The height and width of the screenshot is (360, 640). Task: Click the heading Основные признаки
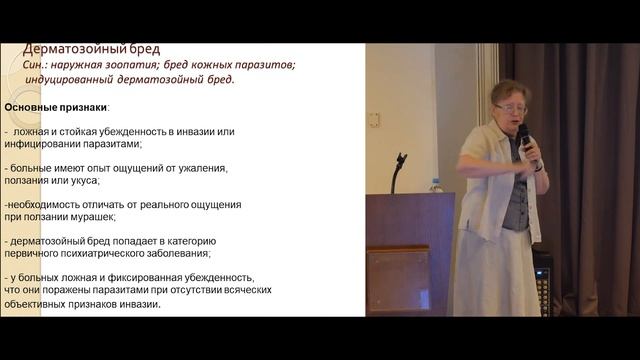pos(56,107)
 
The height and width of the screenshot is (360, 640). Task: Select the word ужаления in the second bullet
pos(204,168)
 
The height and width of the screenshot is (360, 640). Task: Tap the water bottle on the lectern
pos(435,185)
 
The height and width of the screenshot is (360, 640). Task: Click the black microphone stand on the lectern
pos(398,170)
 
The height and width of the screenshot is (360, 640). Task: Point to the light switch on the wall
pos(373,119)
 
